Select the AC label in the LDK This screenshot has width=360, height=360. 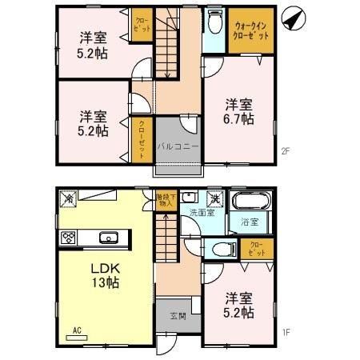(78, 330)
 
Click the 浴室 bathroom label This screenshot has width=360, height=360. (248, 222)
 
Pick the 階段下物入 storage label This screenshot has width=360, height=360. (164, 199)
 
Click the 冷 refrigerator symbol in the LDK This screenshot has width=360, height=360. (69, 198)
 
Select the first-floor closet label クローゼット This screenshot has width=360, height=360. (256, 248)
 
